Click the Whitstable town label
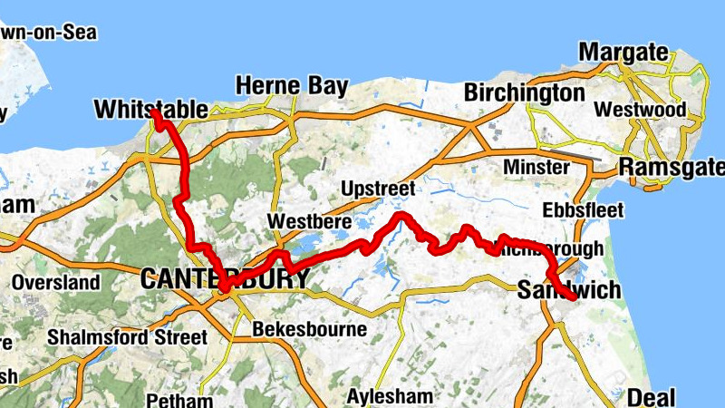point(150,110)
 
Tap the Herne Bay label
point(291,86)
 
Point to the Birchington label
point(524,92)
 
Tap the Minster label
point(536,168)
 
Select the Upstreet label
point(378,189)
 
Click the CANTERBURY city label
point(225,279)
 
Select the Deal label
point(651,397)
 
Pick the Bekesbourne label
point(310,328)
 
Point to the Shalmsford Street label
point(127,336)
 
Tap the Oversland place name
point(55,283)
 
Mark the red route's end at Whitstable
point(155,114)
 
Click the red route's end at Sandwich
point(572,296)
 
